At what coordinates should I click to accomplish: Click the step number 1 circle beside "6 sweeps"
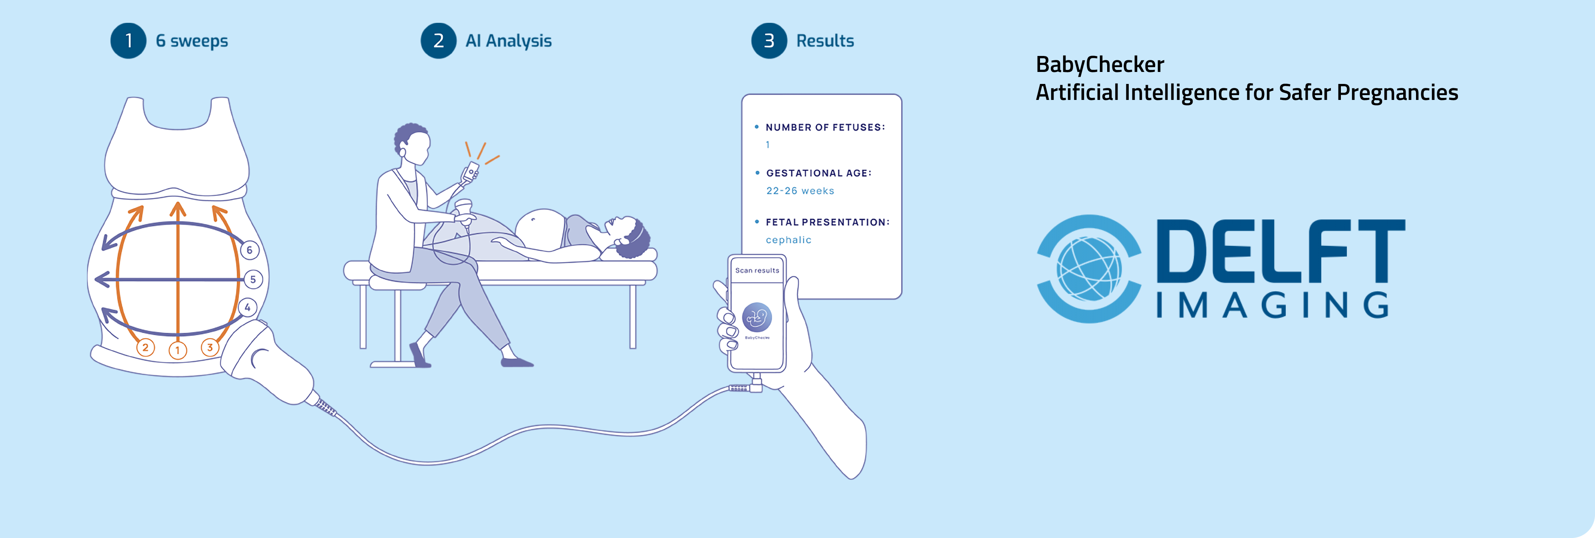[x=128, y=41]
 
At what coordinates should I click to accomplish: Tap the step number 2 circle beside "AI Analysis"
[x=438, y=41]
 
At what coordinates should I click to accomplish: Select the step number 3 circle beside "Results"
[x=769, y=41]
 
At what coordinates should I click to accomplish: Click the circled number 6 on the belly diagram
[x=250, y=250]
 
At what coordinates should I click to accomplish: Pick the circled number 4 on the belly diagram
[x=248, y=307]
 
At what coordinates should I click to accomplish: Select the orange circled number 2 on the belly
[x=145, y=347]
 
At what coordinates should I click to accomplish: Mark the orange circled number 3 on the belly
[x=210, y=347]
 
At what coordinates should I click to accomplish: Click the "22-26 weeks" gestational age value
[x=800, y=191]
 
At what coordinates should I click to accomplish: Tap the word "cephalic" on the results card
[x=788, y=239]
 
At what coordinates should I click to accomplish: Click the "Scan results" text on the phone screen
[x=757, y=271]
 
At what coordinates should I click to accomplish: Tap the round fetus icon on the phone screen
[x=757, y=318]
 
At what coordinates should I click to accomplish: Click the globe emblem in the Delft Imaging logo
[x=1089, y=269]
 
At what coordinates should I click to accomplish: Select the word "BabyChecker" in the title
[x=1100, y=64]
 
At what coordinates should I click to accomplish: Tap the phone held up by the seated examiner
[x=471, y=171]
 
